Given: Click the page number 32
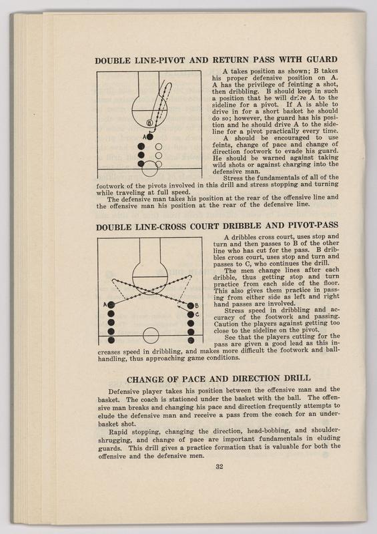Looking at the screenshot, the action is [x=220, y=467].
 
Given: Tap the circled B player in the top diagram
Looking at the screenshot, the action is [x=149, y=123].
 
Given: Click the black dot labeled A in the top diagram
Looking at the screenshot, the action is [x=150, y=137].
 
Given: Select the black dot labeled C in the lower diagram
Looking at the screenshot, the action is [x=191, y=314].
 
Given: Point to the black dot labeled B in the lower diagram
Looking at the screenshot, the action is [x=190, y=306].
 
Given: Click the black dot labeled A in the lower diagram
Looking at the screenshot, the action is [x=111, y=304].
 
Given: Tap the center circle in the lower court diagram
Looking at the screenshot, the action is [x=151, y=336].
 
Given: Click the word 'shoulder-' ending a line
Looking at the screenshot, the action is [x=325, y=430].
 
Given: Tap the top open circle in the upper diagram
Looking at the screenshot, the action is [x=159, y=147].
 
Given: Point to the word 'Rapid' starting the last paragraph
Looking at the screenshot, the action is [x=117, y=432].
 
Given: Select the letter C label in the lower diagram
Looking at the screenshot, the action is [x=197, y=314].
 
